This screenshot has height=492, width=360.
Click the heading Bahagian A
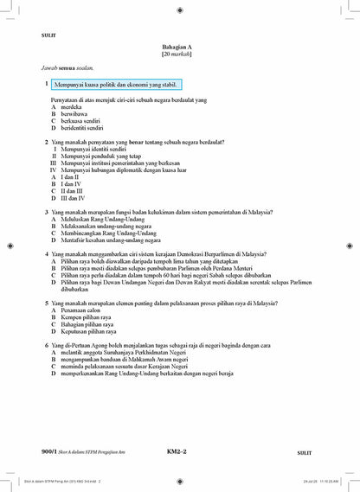pyautogui.click(x=180, y=46)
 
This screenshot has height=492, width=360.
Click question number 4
pyautogui.click(x=46, y=254)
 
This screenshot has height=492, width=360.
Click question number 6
pyautogui.click(x=46, y=346)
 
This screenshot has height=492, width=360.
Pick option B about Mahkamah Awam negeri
pyautogui.click(x=136, y=360)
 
